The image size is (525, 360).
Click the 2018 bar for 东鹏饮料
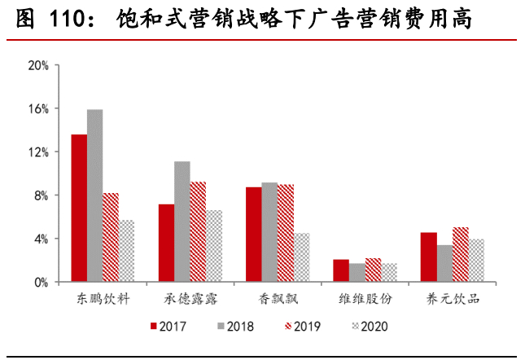[95, 195]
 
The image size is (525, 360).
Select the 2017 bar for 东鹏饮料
[79, 209]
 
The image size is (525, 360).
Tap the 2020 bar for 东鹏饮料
[126, 251]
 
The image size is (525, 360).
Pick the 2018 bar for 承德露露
[182, 222]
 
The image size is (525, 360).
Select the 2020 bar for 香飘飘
[301, 257]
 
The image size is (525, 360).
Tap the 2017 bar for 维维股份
[341, 271]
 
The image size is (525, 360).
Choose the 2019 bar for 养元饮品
[460, 255]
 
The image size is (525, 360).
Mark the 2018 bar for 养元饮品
[444, 263]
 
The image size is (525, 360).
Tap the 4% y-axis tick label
[42, 239]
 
